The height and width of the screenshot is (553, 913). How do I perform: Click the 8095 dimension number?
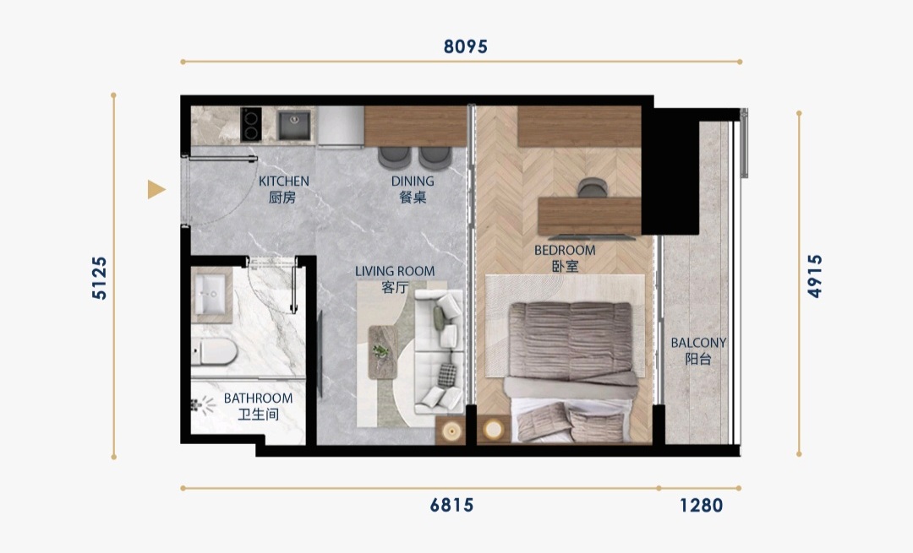pos(465,46)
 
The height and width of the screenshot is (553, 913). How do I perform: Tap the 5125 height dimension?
pos(100,278)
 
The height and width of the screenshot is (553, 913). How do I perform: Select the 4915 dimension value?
pos(815,275)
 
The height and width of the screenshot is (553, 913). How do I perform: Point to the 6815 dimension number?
pos(451,506)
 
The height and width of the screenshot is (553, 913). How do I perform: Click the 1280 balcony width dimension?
pos(701,506)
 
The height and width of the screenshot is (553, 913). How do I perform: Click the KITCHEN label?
pos(283,182)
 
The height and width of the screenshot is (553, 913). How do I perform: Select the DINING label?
pos(413,182)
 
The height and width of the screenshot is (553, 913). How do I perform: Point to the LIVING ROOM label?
pos(395,271)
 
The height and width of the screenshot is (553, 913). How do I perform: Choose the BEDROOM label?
pos(565,251)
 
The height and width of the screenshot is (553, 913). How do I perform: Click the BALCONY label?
pos(698,343)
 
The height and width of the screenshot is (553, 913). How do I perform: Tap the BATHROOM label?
pos(258,398)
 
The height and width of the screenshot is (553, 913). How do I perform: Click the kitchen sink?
pos(293,125)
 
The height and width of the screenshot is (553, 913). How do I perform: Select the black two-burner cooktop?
pos(250,124)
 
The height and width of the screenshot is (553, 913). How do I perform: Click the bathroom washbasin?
pos(210,294)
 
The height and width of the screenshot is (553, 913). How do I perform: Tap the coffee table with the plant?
pos(383,352)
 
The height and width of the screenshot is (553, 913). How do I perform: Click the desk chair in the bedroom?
pos(592,187)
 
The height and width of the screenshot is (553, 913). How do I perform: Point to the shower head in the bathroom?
pos(201,403)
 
